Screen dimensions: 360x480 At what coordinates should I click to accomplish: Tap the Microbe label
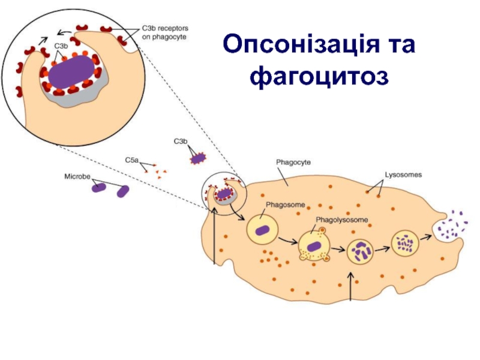[x=77, y=178]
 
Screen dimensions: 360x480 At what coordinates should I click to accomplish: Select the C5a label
[x=131, y=160]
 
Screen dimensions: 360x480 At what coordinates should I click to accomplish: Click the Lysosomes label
[x=403, y=175]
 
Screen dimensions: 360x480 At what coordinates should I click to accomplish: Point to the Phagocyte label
[x=293, y=162]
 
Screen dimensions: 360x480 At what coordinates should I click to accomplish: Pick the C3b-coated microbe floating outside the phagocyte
[x=197, y=158]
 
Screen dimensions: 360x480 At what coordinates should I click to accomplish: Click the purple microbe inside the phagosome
[x=262, y=230]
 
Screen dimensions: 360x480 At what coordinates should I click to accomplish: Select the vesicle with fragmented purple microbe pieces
[x=361, y=251]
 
